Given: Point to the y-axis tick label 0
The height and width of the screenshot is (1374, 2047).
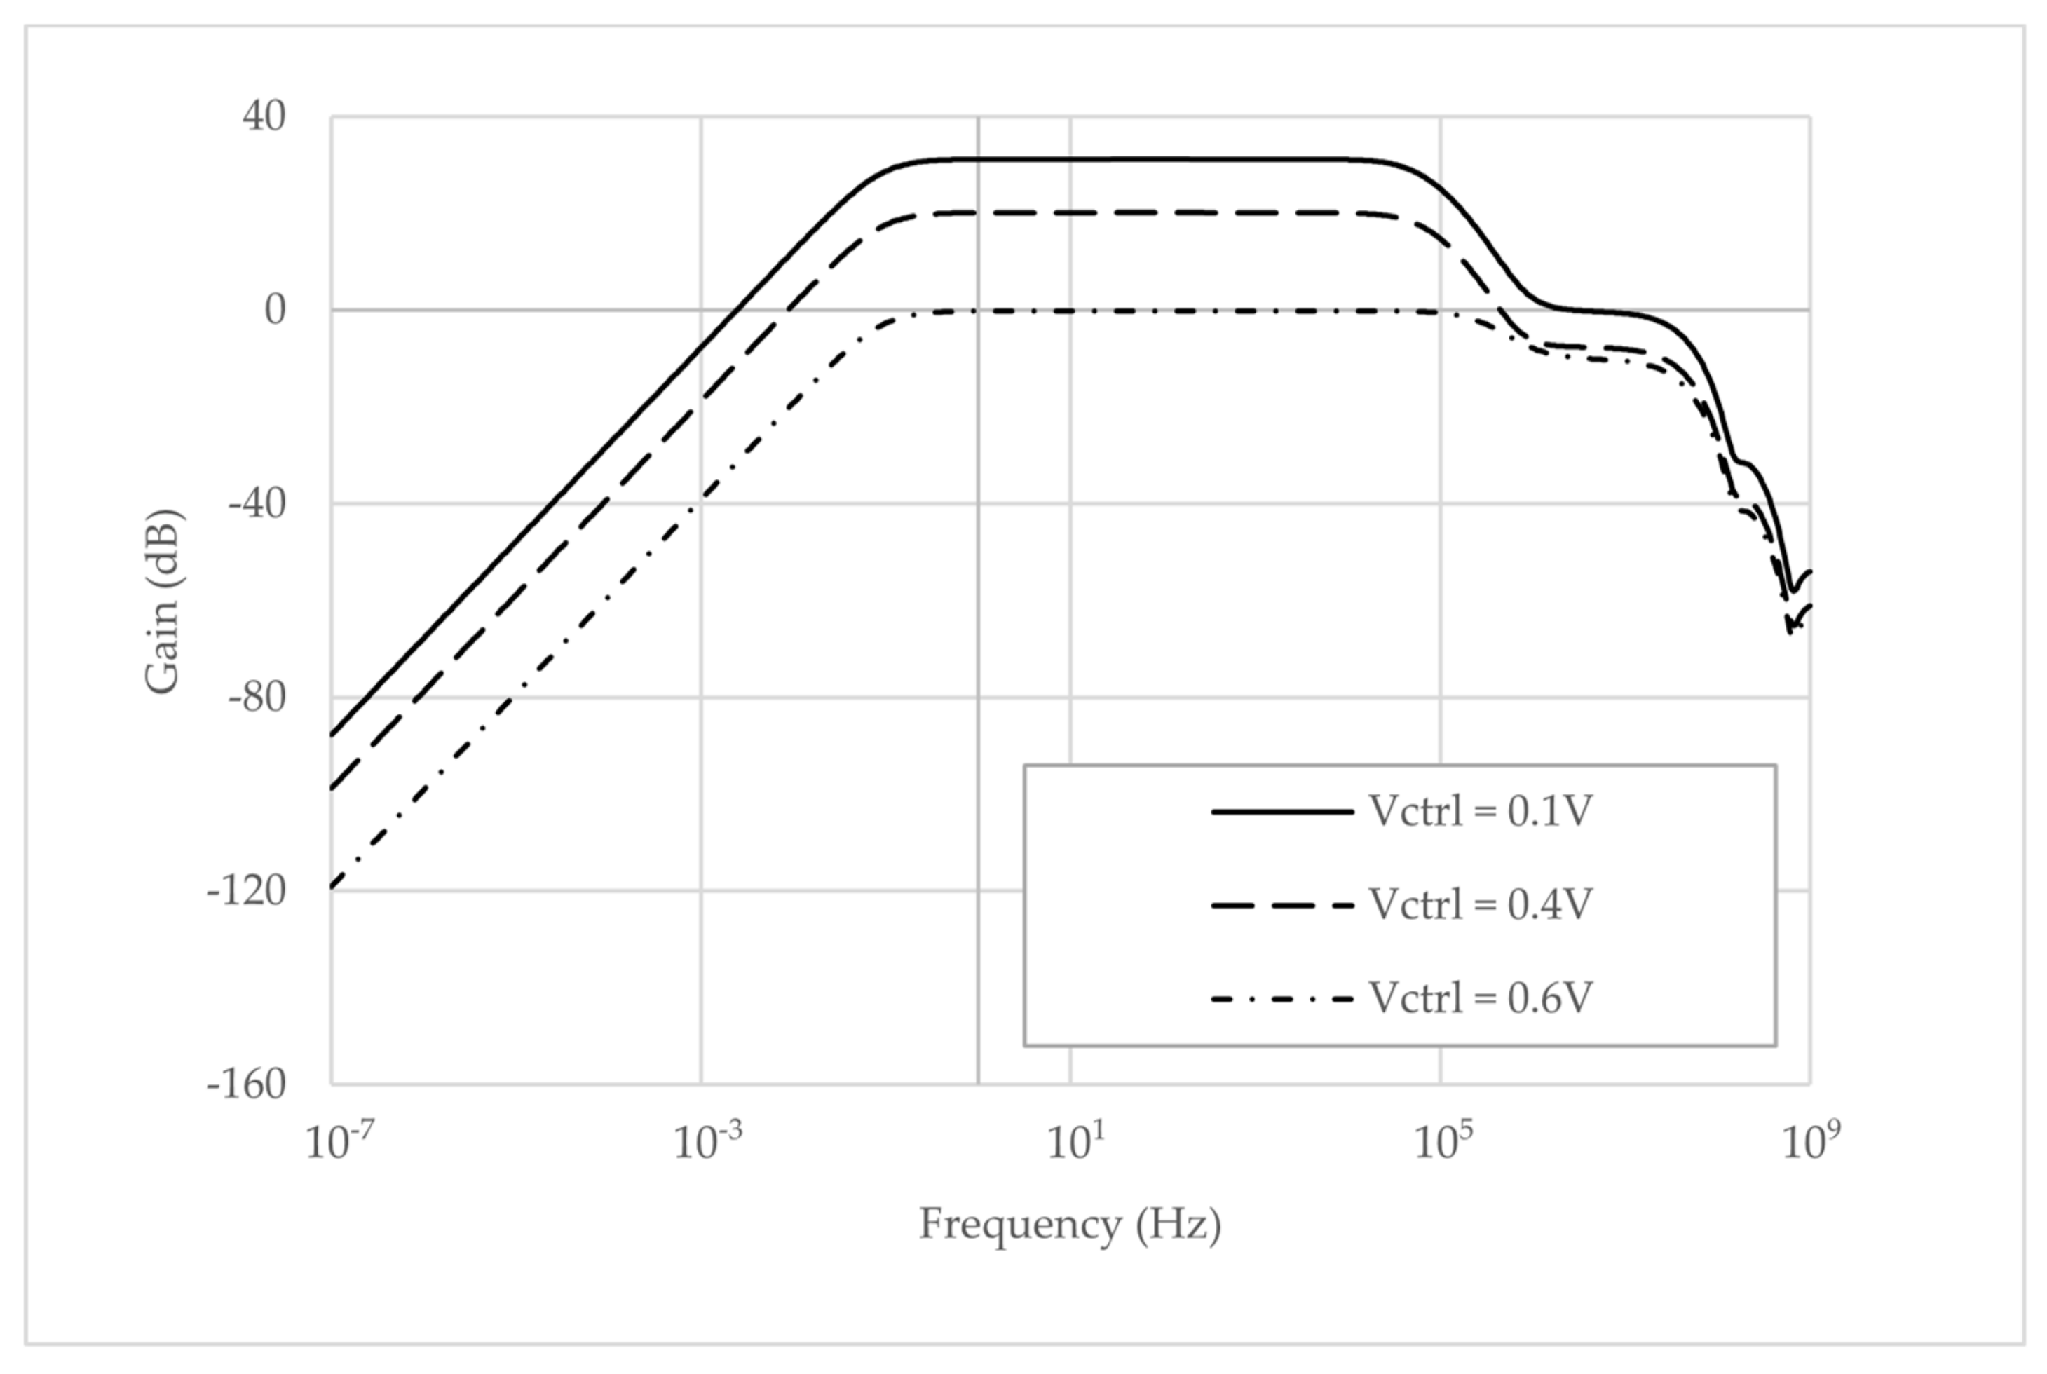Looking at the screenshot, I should click(275, 309).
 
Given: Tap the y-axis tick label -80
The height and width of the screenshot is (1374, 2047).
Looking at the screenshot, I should click(257, 698).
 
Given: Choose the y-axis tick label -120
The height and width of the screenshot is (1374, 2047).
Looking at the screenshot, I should click(246, 891).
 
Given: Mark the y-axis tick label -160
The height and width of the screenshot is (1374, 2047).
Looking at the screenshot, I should click(246, 1085).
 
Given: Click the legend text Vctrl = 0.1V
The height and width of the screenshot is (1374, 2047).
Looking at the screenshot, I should click(1480, 812).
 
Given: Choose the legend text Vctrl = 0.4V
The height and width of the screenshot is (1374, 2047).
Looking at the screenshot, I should click(1480, 904).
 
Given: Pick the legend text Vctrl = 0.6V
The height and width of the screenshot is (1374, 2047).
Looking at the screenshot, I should click(1480, 997).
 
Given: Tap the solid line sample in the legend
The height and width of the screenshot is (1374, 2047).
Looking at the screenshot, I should click(1282, 812).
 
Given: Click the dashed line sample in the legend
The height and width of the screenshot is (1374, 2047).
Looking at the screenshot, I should click(1282, 905).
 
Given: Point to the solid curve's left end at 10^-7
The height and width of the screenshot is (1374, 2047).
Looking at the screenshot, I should click(333, 735).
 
